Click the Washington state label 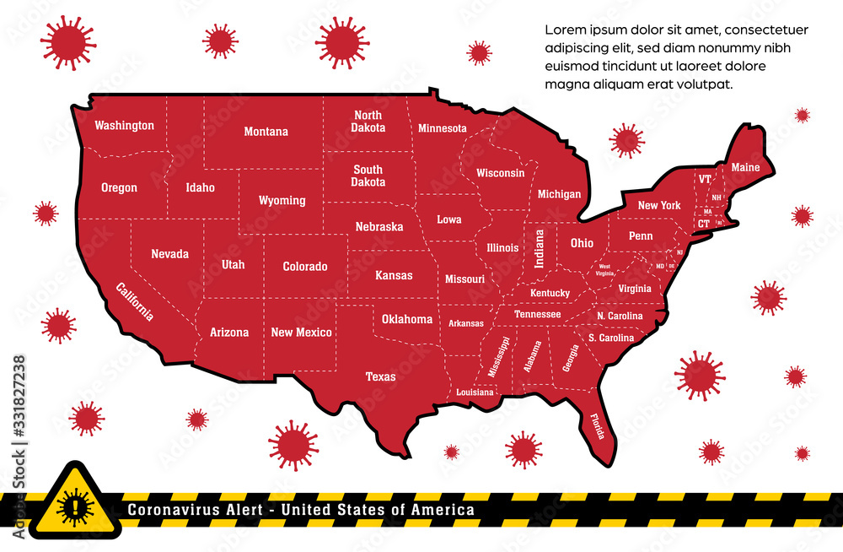[x=124, y=126]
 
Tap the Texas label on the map [x=380, y=376]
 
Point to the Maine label [x=745, y=167]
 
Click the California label [x=135, y=301]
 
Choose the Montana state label [x=266, y=132]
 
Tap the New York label [x=658, y=205]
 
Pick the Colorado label [x=304, y=267]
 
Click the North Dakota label [x=368, y=122]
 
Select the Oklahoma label [x=406, y=319]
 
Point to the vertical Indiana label [x=540, y=249]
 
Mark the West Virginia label [x=604, y=269]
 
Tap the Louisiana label [x=475, y=392]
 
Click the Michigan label [x=559, y=194]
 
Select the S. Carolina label [x=610, y=338]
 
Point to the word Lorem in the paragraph [x=563, y=30]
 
